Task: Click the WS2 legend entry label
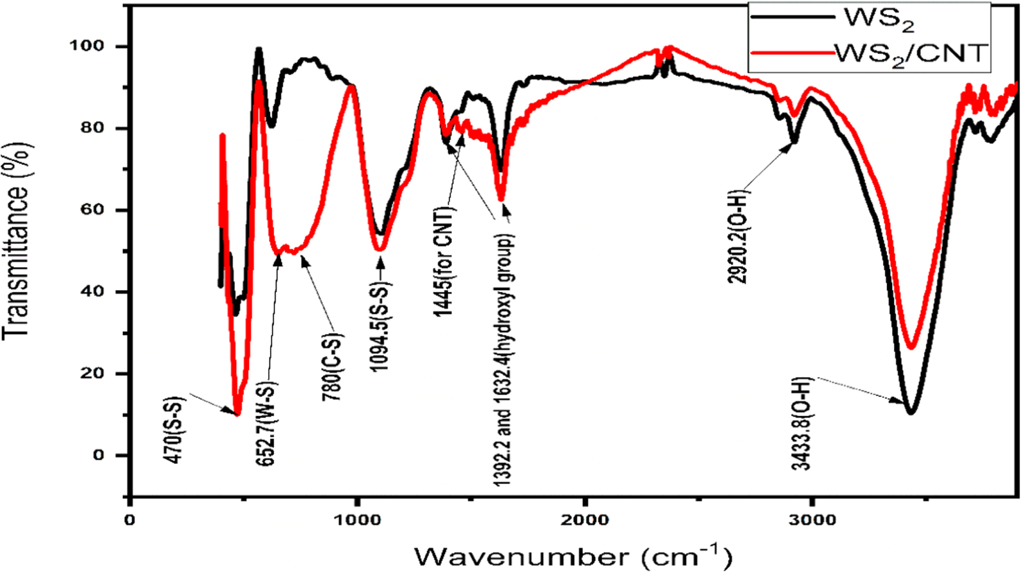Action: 879,19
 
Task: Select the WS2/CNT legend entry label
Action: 911,54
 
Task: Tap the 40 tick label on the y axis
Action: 91,292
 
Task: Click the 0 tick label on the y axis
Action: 98,455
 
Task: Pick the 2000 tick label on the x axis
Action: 585,520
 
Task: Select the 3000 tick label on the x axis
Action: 811,520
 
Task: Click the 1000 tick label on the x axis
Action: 357,520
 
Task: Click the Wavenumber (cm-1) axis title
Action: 573,556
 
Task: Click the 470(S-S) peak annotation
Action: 176,429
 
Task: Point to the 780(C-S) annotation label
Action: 333,367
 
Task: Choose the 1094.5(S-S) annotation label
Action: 381,327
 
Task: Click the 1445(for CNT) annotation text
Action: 444,262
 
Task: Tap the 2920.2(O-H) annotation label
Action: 738,237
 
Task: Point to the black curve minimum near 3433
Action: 910,411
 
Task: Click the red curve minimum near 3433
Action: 911,347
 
